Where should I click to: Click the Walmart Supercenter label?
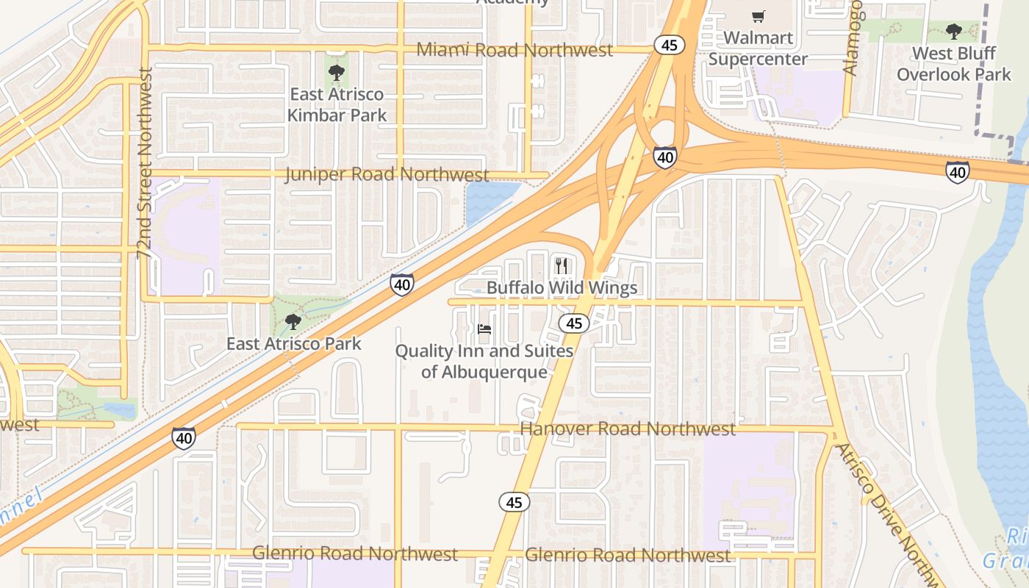[x=758, y=49]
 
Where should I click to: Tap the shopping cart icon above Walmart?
[x=758, y=16]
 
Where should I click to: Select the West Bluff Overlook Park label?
[x=954, y=64]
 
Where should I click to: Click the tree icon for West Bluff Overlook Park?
[x=954, y=32]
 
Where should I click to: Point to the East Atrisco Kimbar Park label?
[x=337, y=104]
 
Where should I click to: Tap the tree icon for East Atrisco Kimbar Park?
[x=336, y=72]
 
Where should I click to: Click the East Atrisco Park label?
[x=293, y=343]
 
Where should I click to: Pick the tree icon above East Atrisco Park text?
[x=293, y=321]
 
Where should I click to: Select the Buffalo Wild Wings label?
[x=562, y=287]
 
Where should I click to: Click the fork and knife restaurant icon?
[x=562, y=265]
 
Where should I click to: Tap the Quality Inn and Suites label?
[x=484, y=361]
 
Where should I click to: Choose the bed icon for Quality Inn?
[x=484, y=329]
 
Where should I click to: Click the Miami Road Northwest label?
[x=514, y=50]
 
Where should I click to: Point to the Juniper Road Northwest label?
[x=387, y=174]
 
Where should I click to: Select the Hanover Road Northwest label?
[x=627, y=429]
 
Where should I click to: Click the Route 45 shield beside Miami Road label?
[x=669, y=46]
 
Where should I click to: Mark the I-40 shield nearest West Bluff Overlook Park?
[x=957, y=172]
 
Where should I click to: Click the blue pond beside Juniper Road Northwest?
[x=486, y=199]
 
